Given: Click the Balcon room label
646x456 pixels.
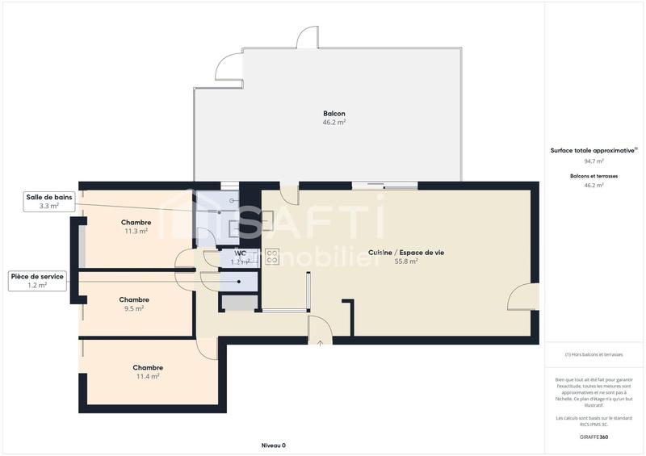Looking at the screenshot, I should [334, 114].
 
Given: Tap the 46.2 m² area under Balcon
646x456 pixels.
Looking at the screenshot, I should [334, 123].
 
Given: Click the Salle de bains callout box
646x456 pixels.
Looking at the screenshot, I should [48, 202].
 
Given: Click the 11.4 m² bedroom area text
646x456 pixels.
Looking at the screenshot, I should [148, 376].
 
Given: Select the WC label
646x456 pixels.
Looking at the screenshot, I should [240, 253].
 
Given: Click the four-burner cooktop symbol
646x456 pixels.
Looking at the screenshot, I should [272, 257].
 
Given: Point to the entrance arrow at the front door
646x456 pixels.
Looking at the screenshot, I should [320, 344].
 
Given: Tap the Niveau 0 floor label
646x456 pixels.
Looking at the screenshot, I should [274, 446].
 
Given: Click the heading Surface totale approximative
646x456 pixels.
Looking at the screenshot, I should [593, 151].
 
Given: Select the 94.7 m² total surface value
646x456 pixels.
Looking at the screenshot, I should [594, 161].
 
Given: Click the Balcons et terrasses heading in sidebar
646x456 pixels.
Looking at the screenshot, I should [594, 175].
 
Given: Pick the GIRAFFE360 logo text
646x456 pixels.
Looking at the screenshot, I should [594, 437].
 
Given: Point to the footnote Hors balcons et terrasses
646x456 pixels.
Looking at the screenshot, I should [594, 354].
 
